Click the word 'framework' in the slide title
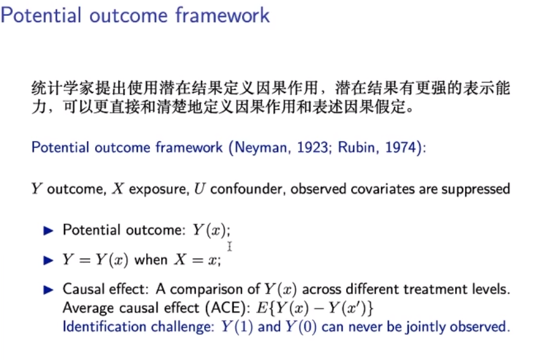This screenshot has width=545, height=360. [222, 15]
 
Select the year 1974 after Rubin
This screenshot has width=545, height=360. [401, 147]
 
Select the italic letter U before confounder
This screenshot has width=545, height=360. [200, 189]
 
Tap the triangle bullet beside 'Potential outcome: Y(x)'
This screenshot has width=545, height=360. [48, 230]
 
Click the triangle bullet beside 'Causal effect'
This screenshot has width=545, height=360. [48, 290]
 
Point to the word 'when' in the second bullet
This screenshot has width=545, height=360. [151, 260]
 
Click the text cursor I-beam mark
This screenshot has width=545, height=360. [229, 247]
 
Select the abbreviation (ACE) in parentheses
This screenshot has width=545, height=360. [228, 308]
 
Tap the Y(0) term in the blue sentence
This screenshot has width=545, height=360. [301, 327]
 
